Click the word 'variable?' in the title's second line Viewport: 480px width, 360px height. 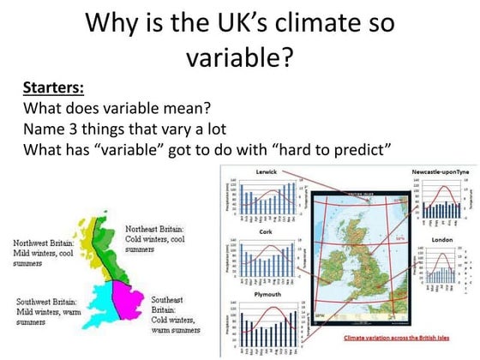tap(239, 57)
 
